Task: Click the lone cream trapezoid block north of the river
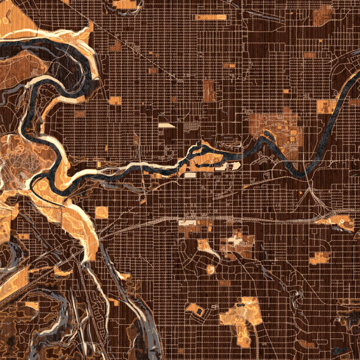(166, 125)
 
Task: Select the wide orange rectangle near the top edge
(211, 17)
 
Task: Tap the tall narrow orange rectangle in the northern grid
(209, 91)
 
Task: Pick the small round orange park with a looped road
(211, 269)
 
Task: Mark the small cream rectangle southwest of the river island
(190, 176)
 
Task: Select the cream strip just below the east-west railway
(187, 223)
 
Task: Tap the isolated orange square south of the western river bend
(102, 212)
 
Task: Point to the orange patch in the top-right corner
(324, 15)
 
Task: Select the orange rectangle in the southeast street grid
(319, 258)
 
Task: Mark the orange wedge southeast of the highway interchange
(340, 222)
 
